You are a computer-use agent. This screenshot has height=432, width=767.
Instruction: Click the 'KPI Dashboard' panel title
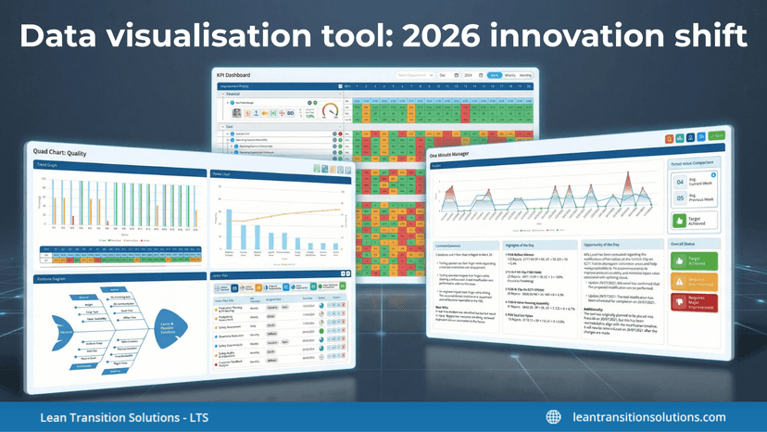(x=233, y=73)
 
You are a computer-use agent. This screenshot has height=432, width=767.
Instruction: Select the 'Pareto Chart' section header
(x=221, y=172)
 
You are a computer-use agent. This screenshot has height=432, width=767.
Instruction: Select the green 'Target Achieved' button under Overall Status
(x=697, y=262)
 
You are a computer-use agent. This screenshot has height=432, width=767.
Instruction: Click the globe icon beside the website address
(x=553, y=416)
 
